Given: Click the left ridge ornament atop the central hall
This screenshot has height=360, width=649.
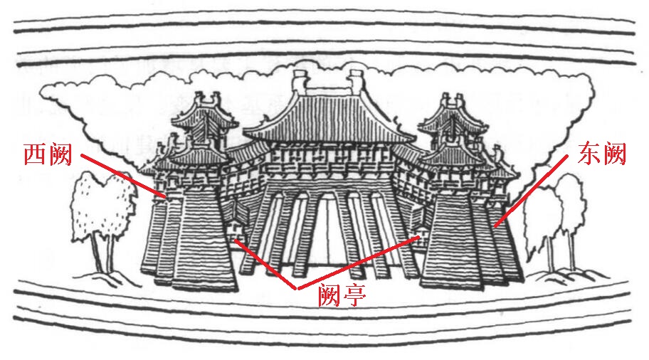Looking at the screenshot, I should tap(298, 81).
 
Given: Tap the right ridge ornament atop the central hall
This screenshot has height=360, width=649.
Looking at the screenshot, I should tap(357, 81).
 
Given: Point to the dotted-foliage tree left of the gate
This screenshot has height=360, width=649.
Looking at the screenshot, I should tap(100, 206).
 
